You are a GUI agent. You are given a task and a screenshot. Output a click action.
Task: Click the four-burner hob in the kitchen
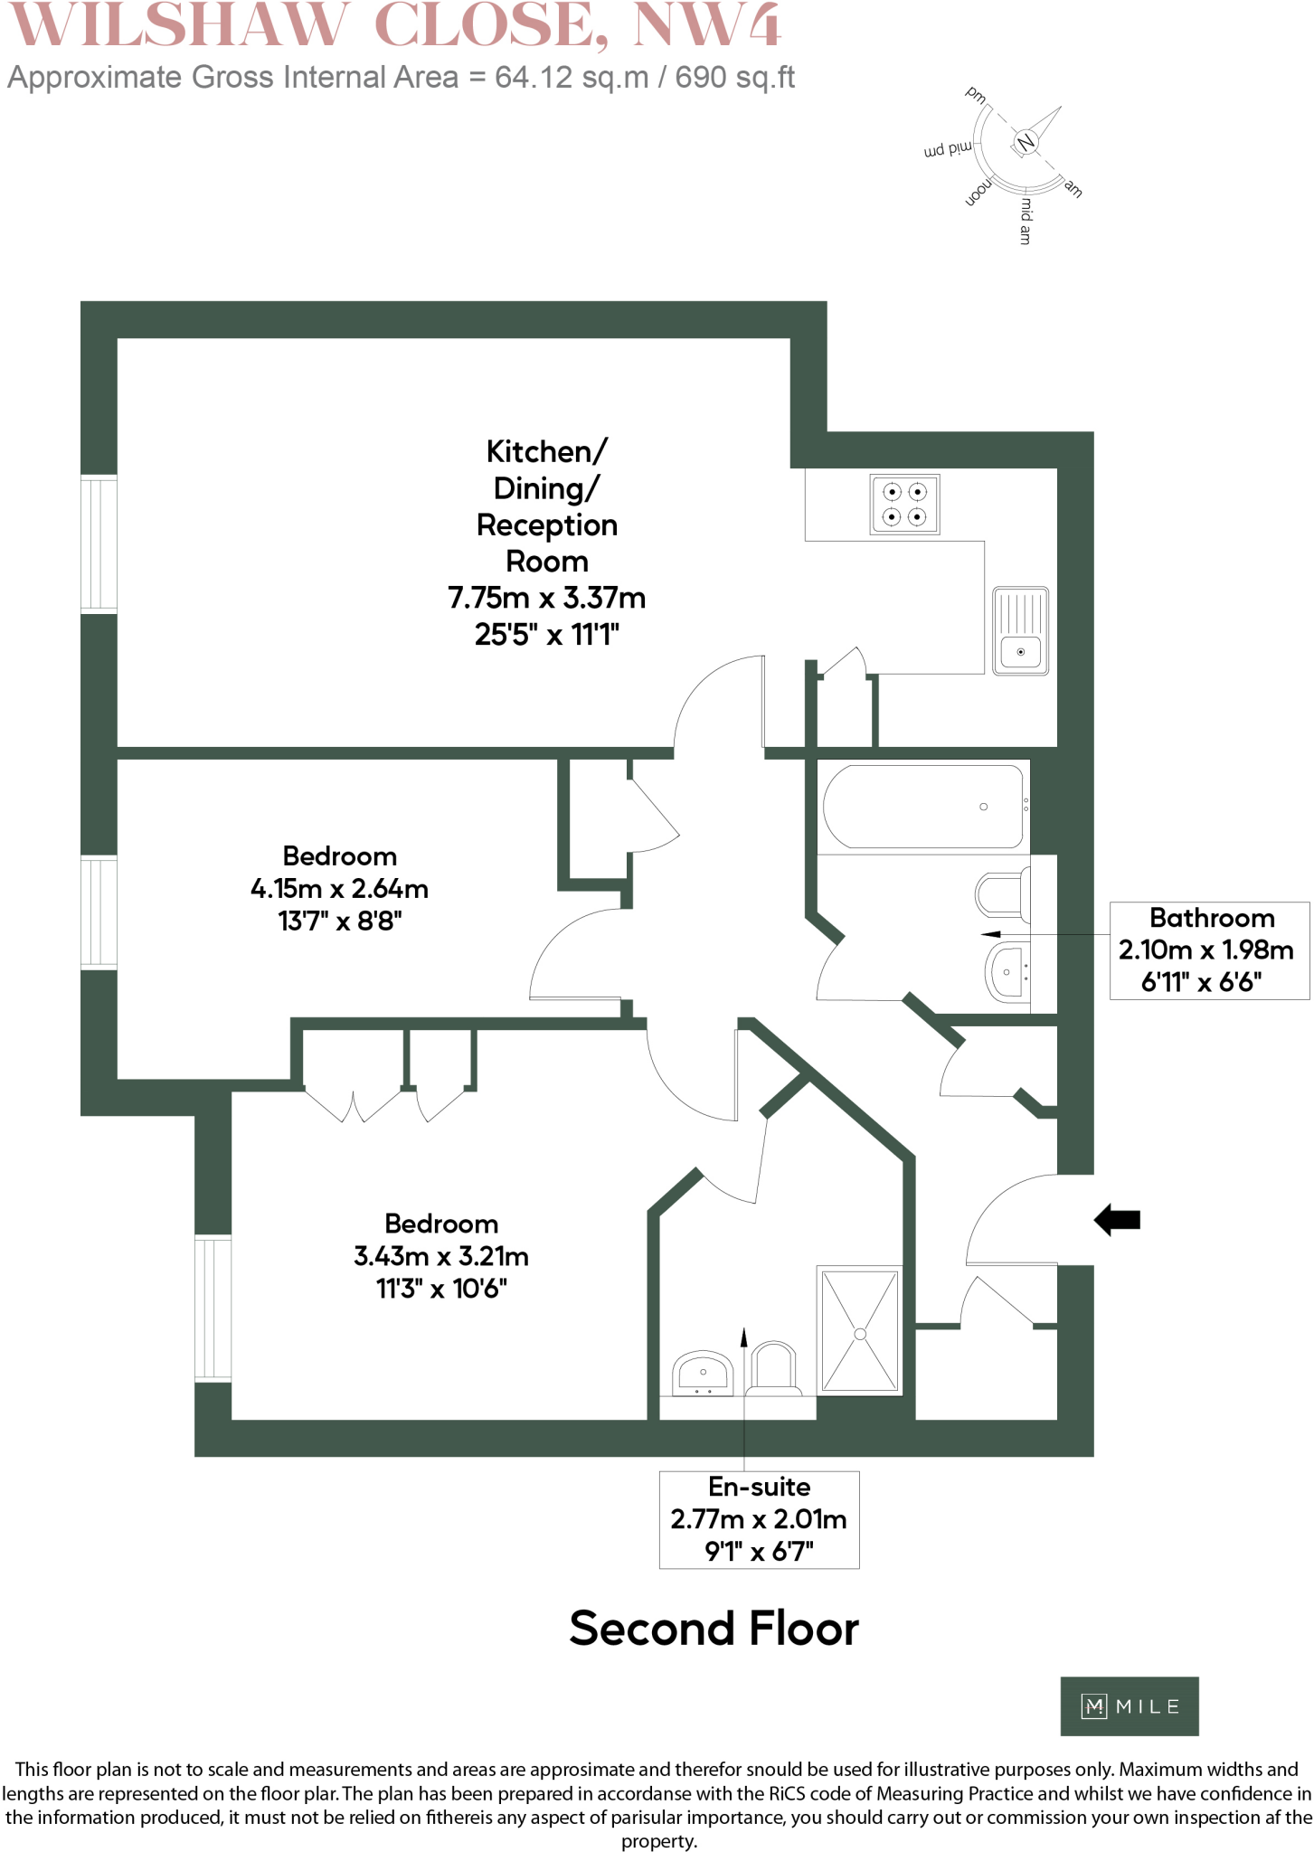904,505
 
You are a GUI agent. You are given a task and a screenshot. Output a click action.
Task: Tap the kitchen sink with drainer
1020,630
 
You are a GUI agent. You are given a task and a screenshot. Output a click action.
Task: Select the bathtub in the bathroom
923,807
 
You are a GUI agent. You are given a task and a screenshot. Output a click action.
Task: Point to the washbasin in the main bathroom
1007,972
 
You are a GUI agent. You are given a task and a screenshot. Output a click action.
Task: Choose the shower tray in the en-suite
859,1330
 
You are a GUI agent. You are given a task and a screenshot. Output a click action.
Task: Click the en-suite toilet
773,1368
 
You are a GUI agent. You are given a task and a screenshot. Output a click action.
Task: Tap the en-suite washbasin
703,1373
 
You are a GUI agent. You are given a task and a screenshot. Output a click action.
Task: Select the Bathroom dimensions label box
1208,950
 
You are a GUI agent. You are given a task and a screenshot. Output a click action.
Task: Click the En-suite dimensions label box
759,1519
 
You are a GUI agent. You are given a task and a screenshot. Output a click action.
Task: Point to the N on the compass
1026,143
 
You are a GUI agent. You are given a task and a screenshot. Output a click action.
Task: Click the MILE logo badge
1129,1706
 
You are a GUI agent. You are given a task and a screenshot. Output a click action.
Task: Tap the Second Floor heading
714,1629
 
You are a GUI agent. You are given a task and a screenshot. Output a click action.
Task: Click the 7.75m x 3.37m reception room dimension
546,598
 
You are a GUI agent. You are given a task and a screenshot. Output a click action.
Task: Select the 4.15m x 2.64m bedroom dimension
339,889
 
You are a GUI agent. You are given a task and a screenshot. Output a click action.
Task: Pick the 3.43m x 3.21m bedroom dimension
441,1256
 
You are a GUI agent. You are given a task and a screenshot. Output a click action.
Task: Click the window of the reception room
99,543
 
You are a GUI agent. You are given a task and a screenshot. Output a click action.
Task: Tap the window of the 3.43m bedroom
213,1308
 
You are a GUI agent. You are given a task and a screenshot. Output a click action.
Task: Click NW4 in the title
706,25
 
